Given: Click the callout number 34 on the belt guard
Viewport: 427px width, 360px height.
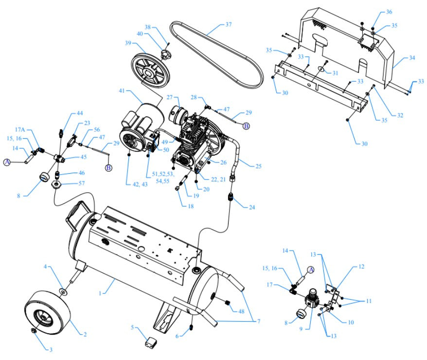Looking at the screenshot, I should pyautogui.click(x=412, y=58).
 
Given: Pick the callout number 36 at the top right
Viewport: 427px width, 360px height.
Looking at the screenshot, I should pyautogui.click(x=389, y=12).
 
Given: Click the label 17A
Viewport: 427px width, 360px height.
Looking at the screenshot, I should pyautogui.click(x=19, y=130).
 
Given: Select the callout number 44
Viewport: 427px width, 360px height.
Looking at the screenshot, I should pyautogui.click(x=80, y=113).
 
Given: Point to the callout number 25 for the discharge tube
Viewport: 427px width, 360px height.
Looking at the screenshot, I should pyautogui.click(x=258, y=166).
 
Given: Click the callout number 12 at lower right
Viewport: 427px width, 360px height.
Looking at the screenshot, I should pyautogui.click(x=361, y=267).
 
